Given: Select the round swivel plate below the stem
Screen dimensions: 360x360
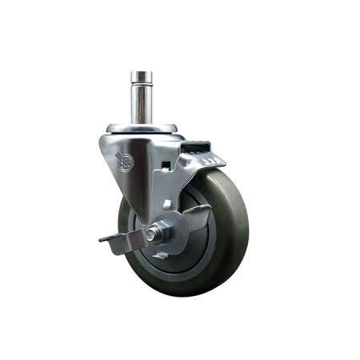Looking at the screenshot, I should pos(142,127).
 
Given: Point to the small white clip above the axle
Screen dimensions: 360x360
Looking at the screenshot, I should pos(167,205).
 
